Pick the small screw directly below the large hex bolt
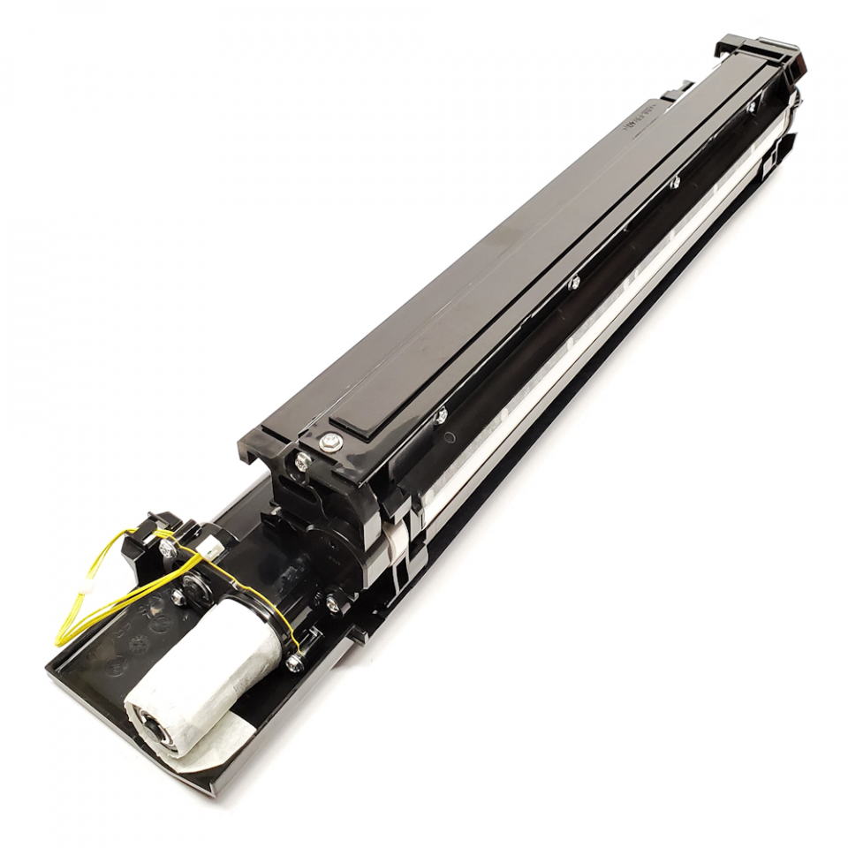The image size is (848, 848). pos(303,458)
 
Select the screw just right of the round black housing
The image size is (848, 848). pos(333,603)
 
